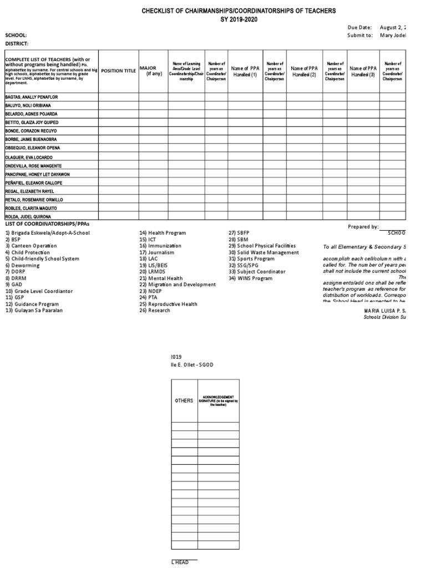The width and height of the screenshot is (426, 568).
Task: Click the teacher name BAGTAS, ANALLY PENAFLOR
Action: coord(31,97)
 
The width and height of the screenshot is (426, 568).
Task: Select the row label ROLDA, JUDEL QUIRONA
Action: coord(28,216)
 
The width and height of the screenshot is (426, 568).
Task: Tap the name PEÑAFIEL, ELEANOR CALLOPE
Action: coord(33,182)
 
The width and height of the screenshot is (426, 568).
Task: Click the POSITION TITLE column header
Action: coord(118,71)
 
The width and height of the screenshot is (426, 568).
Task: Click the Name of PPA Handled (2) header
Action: coord(303,71)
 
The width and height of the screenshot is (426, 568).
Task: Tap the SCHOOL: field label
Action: coord(16,35)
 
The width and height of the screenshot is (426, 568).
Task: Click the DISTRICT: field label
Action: coord(17,43)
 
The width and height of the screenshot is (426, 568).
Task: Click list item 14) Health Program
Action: coord(163,233)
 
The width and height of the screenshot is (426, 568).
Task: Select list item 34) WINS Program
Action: coord(250,278)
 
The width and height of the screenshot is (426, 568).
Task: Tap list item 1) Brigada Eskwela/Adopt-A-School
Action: coord(47,233)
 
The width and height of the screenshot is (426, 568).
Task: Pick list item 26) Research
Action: coord(155,311)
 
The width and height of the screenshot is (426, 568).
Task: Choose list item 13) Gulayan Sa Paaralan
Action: coord(34,311)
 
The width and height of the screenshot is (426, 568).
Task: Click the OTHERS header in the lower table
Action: coord(184,400)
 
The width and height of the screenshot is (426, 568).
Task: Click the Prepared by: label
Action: coord(363,227)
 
